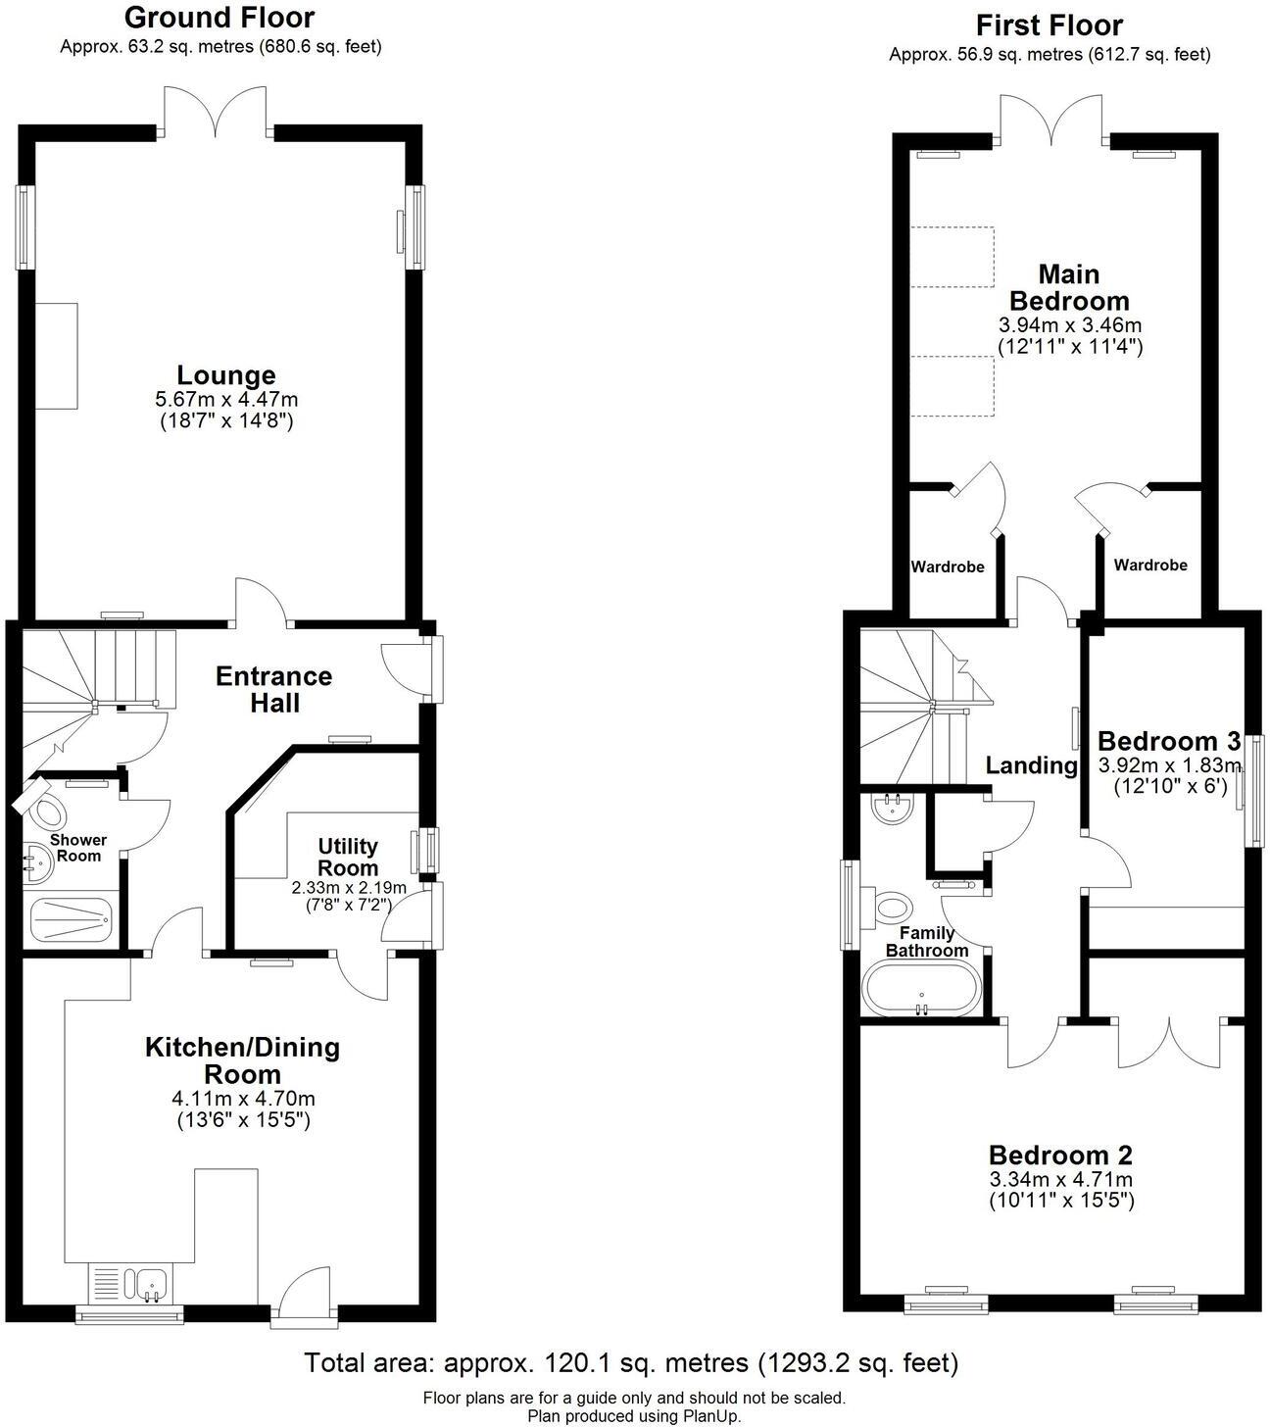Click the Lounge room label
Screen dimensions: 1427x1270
226,375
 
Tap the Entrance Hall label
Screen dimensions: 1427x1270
273,689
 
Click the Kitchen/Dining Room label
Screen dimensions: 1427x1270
242,1059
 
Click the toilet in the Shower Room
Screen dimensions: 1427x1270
44,809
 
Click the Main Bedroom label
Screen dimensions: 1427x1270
1069,287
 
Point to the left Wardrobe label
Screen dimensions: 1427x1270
948,566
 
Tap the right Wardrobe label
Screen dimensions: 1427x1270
1150,565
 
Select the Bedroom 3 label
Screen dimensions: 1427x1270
1169,740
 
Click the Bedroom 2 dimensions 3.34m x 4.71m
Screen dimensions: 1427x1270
1060,1179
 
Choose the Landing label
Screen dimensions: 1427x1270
1031,765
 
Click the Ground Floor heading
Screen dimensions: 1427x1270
220,18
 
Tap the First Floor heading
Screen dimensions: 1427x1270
1050,25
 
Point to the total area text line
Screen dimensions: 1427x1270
631,1362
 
